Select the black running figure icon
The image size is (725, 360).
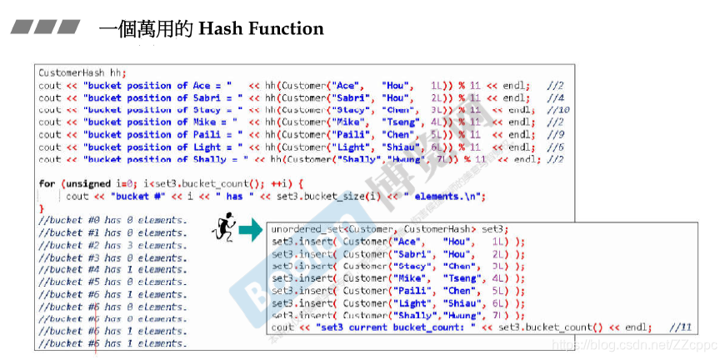pyautogui.click(x=223, y=227)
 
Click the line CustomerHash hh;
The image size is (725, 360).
pyautogui.click(x=82, y=73)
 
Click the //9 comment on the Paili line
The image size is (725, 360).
pyautogui.click(x=556, y=135)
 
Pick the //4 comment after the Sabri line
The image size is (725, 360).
pyautogui.click(x=556, y=97)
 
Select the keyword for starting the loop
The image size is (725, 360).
pyautogui.click(x=47, y=183)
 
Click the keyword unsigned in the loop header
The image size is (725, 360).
pyautogui.click(x=86, y=183)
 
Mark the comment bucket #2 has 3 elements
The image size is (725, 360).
pyautogui.click(x=112, y=245)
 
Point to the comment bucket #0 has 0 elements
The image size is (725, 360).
pyautogui.click(x=112, y=220)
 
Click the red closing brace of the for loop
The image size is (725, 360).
pyautogui.click(x=41, y=207)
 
